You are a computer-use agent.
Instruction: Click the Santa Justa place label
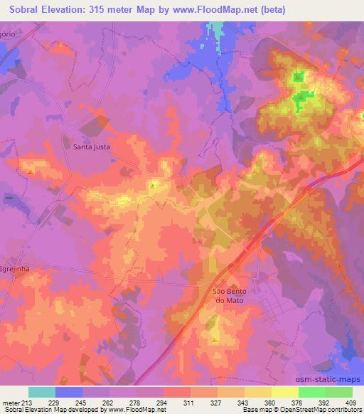pyautogui.click(x=92, y=147)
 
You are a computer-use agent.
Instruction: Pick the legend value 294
pyautogui.click(x=164, y=402)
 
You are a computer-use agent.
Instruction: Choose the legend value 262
pyautogui.click(x=109, y=402)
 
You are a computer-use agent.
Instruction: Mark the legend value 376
pyautogui.click(x=298, y=402)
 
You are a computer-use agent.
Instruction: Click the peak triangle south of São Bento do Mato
pyautogui.click(x=215, y=340)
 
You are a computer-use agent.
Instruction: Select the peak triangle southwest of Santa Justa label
pyautogui.click(x=31, y=171)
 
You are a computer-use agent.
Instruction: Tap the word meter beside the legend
pyautogui.click(x=11, y=402)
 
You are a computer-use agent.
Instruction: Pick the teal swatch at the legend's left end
pyautogui.click(x=42, y=392)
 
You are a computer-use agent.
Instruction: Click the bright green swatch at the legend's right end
pyautogui.click(x=338, y=392)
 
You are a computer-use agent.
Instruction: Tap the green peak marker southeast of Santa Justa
pyautogui.click(x=152, y=186)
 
